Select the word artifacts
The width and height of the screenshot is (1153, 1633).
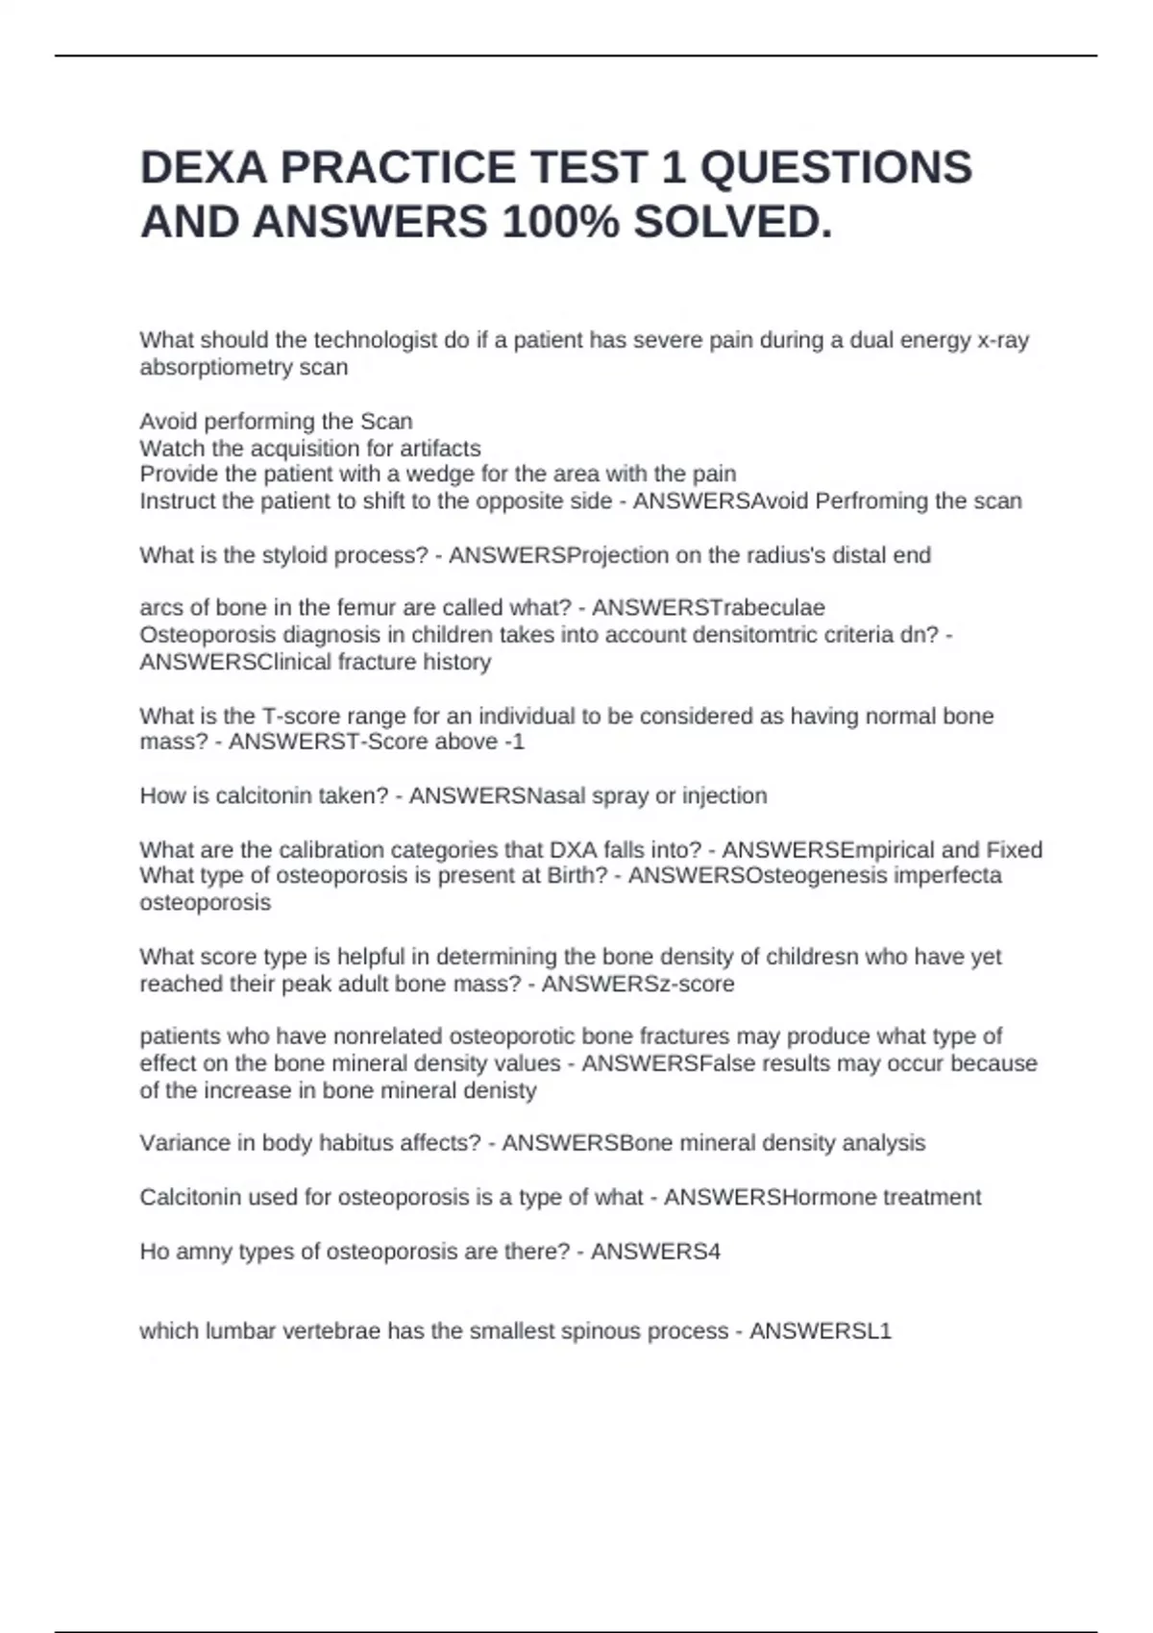[x=437, y=448]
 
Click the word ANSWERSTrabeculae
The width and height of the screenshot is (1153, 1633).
[x=708, y=608]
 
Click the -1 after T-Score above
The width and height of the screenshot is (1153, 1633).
[x=514, y=742]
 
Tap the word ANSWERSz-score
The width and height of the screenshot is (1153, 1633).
[x=638, y=984]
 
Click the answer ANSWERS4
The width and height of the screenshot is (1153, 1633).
[x=655, y=1252]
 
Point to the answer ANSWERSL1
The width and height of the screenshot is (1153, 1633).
[x=821, y=1331]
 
